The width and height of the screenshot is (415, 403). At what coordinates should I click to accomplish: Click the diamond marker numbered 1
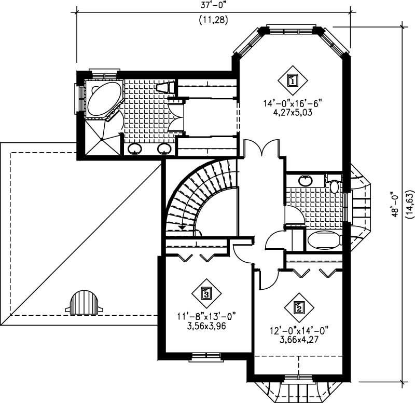tap(293, 80)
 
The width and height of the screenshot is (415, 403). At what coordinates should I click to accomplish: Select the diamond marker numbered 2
tap(299, 307)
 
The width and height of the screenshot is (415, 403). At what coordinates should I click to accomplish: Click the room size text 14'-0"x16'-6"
tap(293, 103)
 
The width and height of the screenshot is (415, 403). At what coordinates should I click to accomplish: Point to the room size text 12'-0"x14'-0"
tap(299, 330)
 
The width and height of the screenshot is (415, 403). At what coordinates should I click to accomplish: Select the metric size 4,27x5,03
tap(293, 112)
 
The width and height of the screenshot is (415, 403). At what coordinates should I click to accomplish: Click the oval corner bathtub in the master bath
tap(102, 99)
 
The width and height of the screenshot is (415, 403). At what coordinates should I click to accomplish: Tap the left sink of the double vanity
tap(135, 149)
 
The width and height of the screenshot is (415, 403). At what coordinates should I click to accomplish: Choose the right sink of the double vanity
tap(165, 149)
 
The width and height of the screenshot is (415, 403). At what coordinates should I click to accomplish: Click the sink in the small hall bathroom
tap(306, 181)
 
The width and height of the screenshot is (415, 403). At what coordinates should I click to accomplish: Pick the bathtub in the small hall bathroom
tap(323, 239)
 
